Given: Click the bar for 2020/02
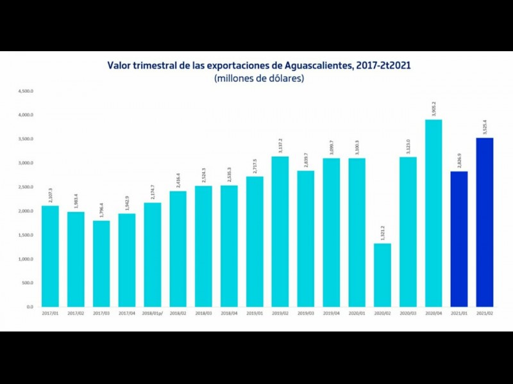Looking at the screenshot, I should point(382,275).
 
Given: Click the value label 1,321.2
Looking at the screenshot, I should point(383,233).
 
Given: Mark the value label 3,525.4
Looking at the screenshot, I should point(485,127).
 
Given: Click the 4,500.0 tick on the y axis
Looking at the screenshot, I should point(26,91).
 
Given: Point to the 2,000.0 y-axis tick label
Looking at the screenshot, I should point(26,211).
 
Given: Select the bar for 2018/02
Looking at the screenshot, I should point(178,249).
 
